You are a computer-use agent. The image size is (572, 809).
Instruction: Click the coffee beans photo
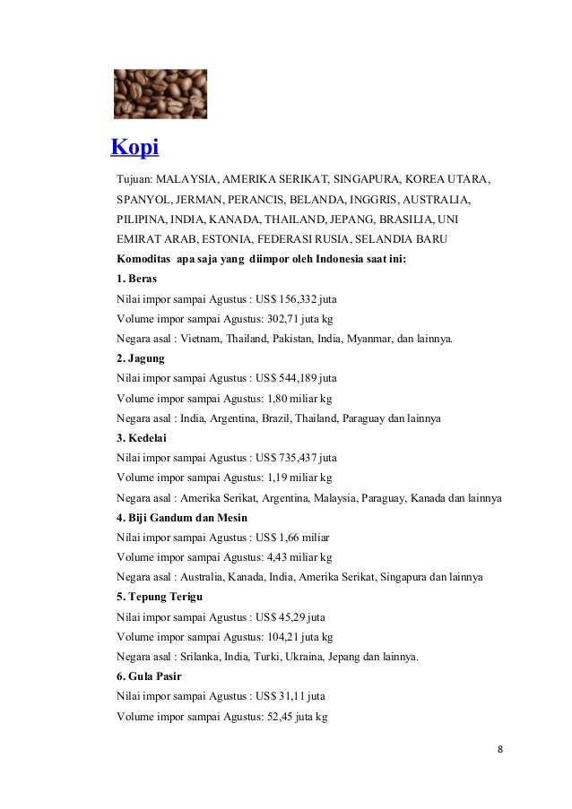click(x=160, y=94)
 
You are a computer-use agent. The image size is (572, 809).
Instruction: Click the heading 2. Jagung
click(x=141, y=358)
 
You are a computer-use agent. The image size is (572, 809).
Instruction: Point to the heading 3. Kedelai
click(x=142, y=438)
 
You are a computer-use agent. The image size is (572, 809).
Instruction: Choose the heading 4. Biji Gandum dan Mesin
click(x=182, y=518)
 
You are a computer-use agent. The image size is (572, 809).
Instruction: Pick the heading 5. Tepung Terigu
click(x=160, y=598)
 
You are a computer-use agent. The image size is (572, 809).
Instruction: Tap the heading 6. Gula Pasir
click(x=150, y=677)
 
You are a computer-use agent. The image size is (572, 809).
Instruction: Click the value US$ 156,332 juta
click(x=297, y=299)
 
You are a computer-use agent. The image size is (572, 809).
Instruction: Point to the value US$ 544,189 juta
click(x=297, y=379)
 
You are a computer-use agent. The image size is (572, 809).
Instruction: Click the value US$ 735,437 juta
click(x=297, y=459)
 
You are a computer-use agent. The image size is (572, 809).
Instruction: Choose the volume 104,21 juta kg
click(x=298, y=638)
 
